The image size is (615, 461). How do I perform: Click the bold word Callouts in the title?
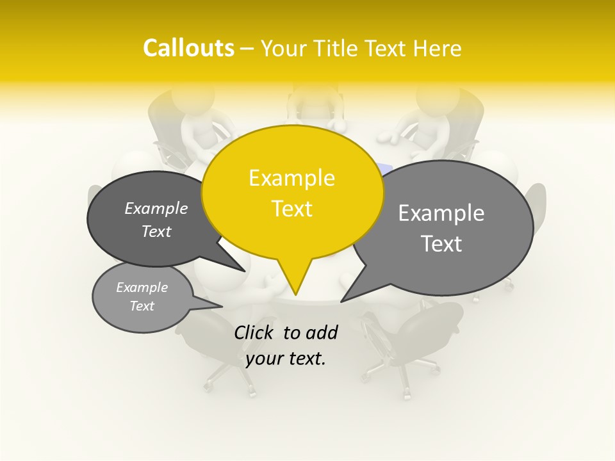(188, 48)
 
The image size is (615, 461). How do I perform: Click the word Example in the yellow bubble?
(291, 178)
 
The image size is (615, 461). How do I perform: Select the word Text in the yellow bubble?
(291, 208)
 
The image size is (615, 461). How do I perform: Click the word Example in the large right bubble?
(441, 213)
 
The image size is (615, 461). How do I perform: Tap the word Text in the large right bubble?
(442, 243)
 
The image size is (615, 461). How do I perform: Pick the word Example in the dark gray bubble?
(156, 209)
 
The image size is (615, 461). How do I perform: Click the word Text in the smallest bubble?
(142, 306)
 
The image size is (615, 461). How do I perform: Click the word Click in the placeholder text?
(255, 332)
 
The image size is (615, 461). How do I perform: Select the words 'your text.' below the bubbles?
(286, 359)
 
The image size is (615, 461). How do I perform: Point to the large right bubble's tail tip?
(342, 300)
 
